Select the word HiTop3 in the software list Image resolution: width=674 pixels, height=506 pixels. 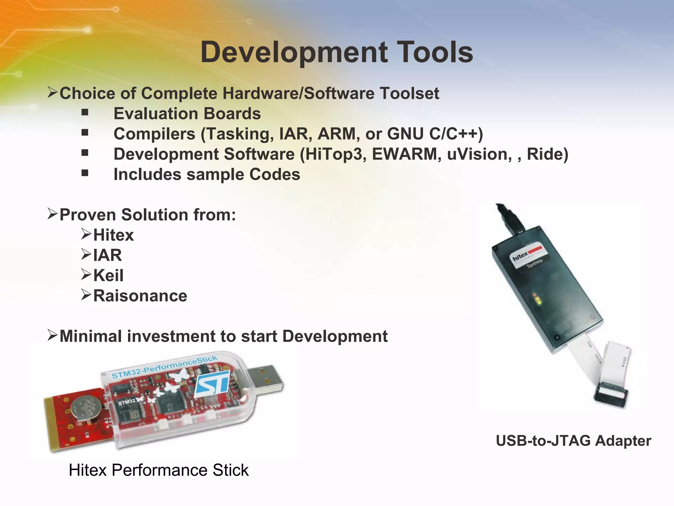tap(333, 154)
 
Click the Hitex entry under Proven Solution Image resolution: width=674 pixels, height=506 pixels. tap(114, 235)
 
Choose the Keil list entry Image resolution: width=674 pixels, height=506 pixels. tap(108, 275)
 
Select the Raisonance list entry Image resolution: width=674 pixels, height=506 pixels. tap(140, 296)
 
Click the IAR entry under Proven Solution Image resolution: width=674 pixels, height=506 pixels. tap(108, 255)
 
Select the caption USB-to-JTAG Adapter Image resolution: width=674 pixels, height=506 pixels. tap(573, 441)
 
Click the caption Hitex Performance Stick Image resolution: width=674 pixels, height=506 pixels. tap(159, 470)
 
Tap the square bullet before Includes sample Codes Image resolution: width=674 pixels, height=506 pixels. tap(85, 173)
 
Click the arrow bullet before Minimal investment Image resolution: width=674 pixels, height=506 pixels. tap(52, 336)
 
